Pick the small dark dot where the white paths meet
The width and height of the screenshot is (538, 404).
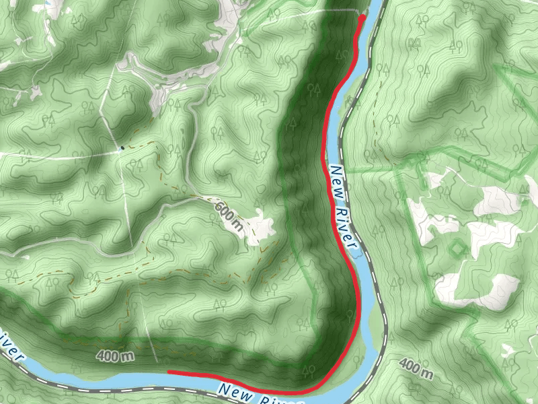point(122,147)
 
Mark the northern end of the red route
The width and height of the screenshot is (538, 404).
point(362,18)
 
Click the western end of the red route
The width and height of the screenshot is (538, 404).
point(169,372)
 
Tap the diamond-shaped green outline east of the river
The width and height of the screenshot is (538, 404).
point(457,248)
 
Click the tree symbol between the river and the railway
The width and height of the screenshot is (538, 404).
point(350,101)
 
